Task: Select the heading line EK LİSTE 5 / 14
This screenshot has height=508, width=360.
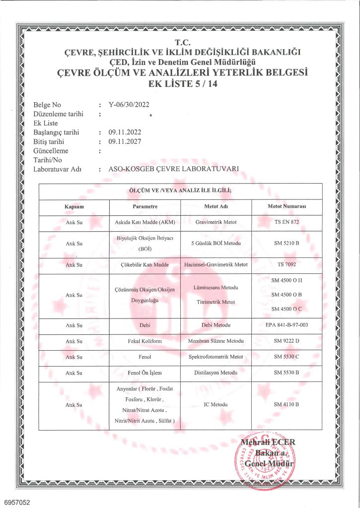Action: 180,84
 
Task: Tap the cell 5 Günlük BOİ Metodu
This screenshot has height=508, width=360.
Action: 216,243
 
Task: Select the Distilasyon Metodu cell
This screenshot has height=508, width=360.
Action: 216,373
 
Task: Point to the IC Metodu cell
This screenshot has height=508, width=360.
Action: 216,405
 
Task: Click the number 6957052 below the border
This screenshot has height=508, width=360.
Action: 17,502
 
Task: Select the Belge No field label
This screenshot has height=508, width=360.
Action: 47,105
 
